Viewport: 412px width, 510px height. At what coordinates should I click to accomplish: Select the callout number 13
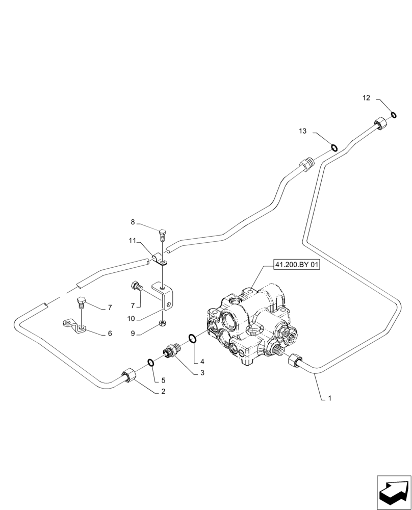pyautogui.click(x=303, y=132)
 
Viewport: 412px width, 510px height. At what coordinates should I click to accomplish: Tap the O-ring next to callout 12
pyautogui.click(x=394, y=114)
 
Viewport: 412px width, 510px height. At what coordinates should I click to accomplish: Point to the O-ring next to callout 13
pyautogui.click(x=333, y=148)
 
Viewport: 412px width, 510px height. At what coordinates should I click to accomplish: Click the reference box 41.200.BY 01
pyautogui.click(x=296, y=265)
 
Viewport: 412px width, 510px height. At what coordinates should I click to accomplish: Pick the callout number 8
pyautogui.click(x=133, y=222)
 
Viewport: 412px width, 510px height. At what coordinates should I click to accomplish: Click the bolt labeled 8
pyautogui.click(x=162, y=236)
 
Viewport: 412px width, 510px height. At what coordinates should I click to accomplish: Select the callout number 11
pyautogui.click(x=132, y=240)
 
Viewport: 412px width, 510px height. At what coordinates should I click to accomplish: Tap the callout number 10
pyautogui.click(x=131, y=318)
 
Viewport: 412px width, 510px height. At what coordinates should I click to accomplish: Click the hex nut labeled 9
pyautogui.click(x=162, y=323)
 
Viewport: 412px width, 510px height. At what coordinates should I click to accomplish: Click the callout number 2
pyautogui.click(x=163, y=392)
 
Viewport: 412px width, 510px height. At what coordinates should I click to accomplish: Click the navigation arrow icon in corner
pyautogui.click(x=394, y=493)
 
